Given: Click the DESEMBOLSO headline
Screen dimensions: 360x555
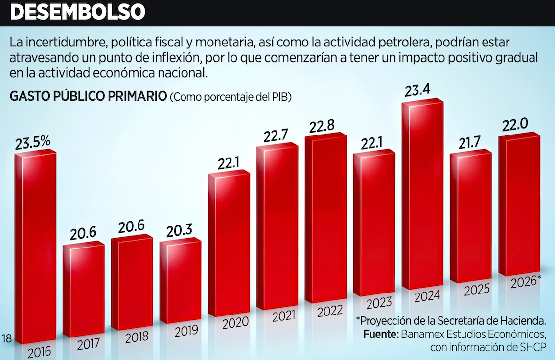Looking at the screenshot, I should click(x=77, y=12).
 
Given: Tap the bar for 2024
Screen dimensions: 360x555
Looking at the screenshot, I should click(x=422, y=196).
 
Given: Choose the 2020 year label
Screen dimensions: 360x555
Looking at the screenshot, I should click(x=236, y=322).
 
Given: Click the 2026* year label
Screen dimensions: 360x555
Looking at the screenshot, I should click(x=525, y=282).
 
